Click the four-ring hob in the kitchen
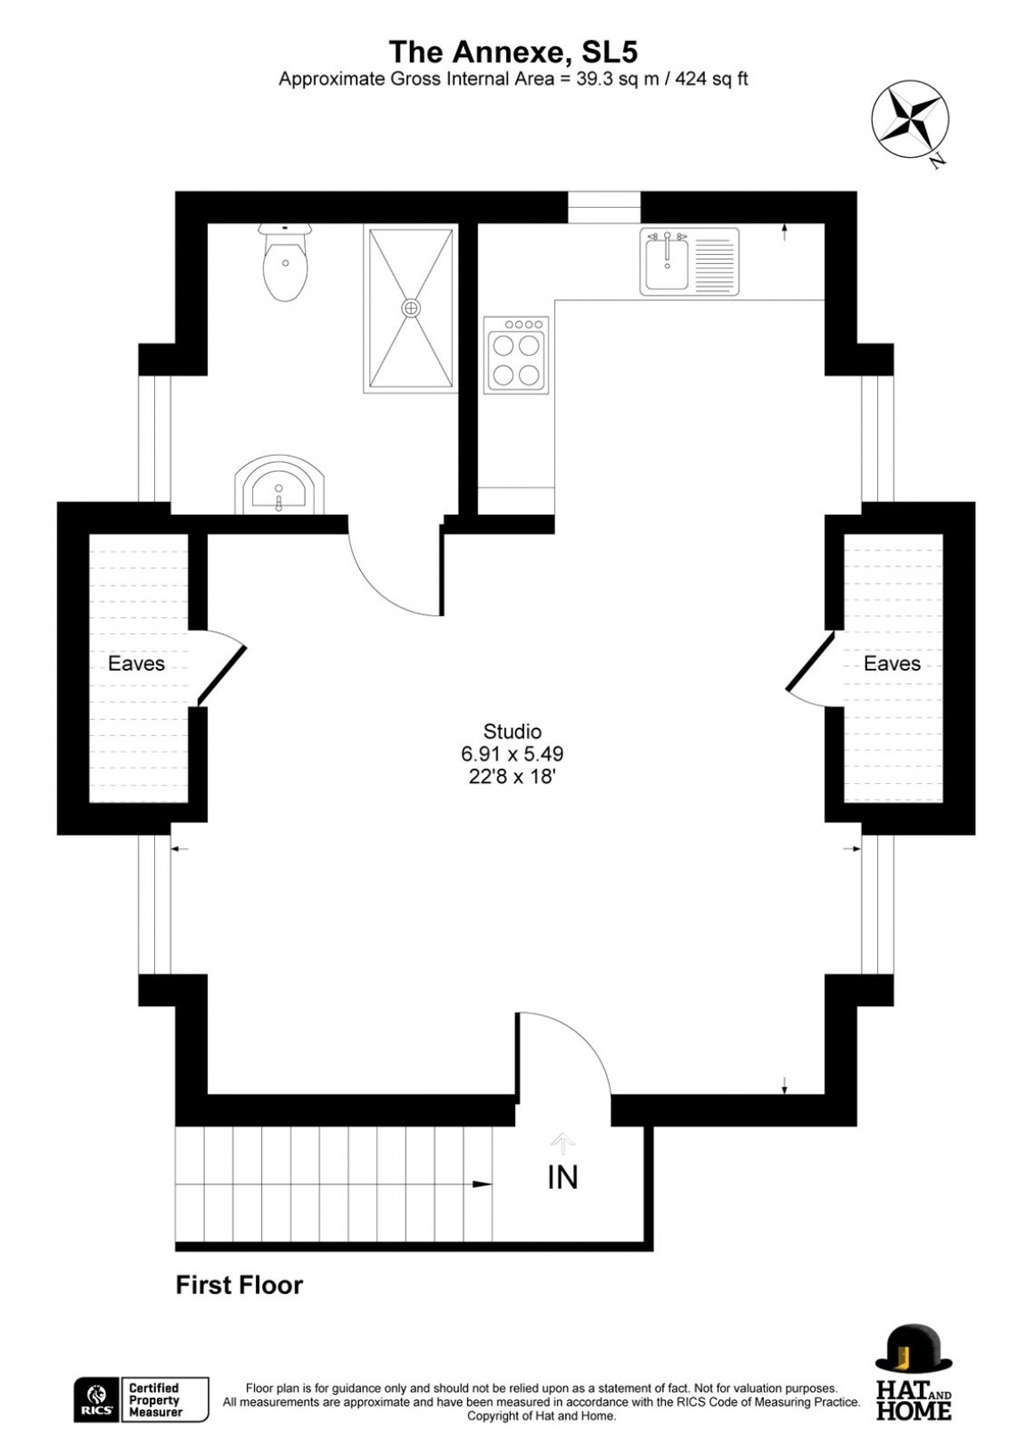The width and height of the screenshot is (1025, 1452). point(517,353)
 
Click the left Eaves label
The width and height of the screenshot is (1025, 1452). point(136,664)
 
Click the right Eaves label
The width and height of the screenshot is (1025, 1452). point(892,664)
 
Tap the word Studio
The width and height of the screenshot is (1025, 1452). point(512,731)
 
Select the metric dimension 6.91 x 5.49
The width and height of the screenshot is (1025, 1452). point(512,754)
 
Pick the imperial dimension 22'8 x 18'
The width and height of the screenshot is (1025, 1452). point(512,777)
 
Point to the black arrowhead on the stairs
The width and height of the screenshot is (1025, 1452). point(482,1184)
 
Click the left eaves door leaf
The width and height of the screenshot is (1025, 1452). point(222,674)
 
